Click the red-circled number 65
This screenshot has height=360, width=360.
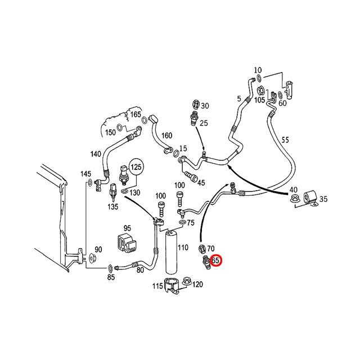click(x=215, y=260)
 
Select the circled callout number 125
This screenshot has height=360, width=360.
click(x=136, y=168)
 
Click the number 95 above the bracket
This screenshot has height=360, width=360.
click(x=127, y=228)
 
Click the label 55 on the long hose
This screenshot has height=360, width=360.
click(x=285, y=139)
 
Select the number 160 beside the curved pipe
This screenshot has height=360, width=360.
click(x=166, y=136)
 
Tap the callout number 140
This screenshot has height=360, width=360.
click(x=95, y=154)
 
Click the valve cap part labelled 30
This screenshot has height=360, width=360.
click(x=195, y=105)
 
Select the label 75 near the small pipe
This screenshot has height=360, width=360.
click(x=190, y=223)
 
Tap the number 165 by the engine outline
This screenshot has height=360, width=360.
click(x=136, y=114)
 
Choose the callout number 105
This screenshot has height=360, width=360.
click(x=259, y=100)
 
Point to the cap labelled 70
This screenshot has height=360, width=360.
click(x=202, y=248)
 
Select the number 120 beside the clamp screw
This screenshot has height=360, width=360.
click(x=197, y=285)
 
